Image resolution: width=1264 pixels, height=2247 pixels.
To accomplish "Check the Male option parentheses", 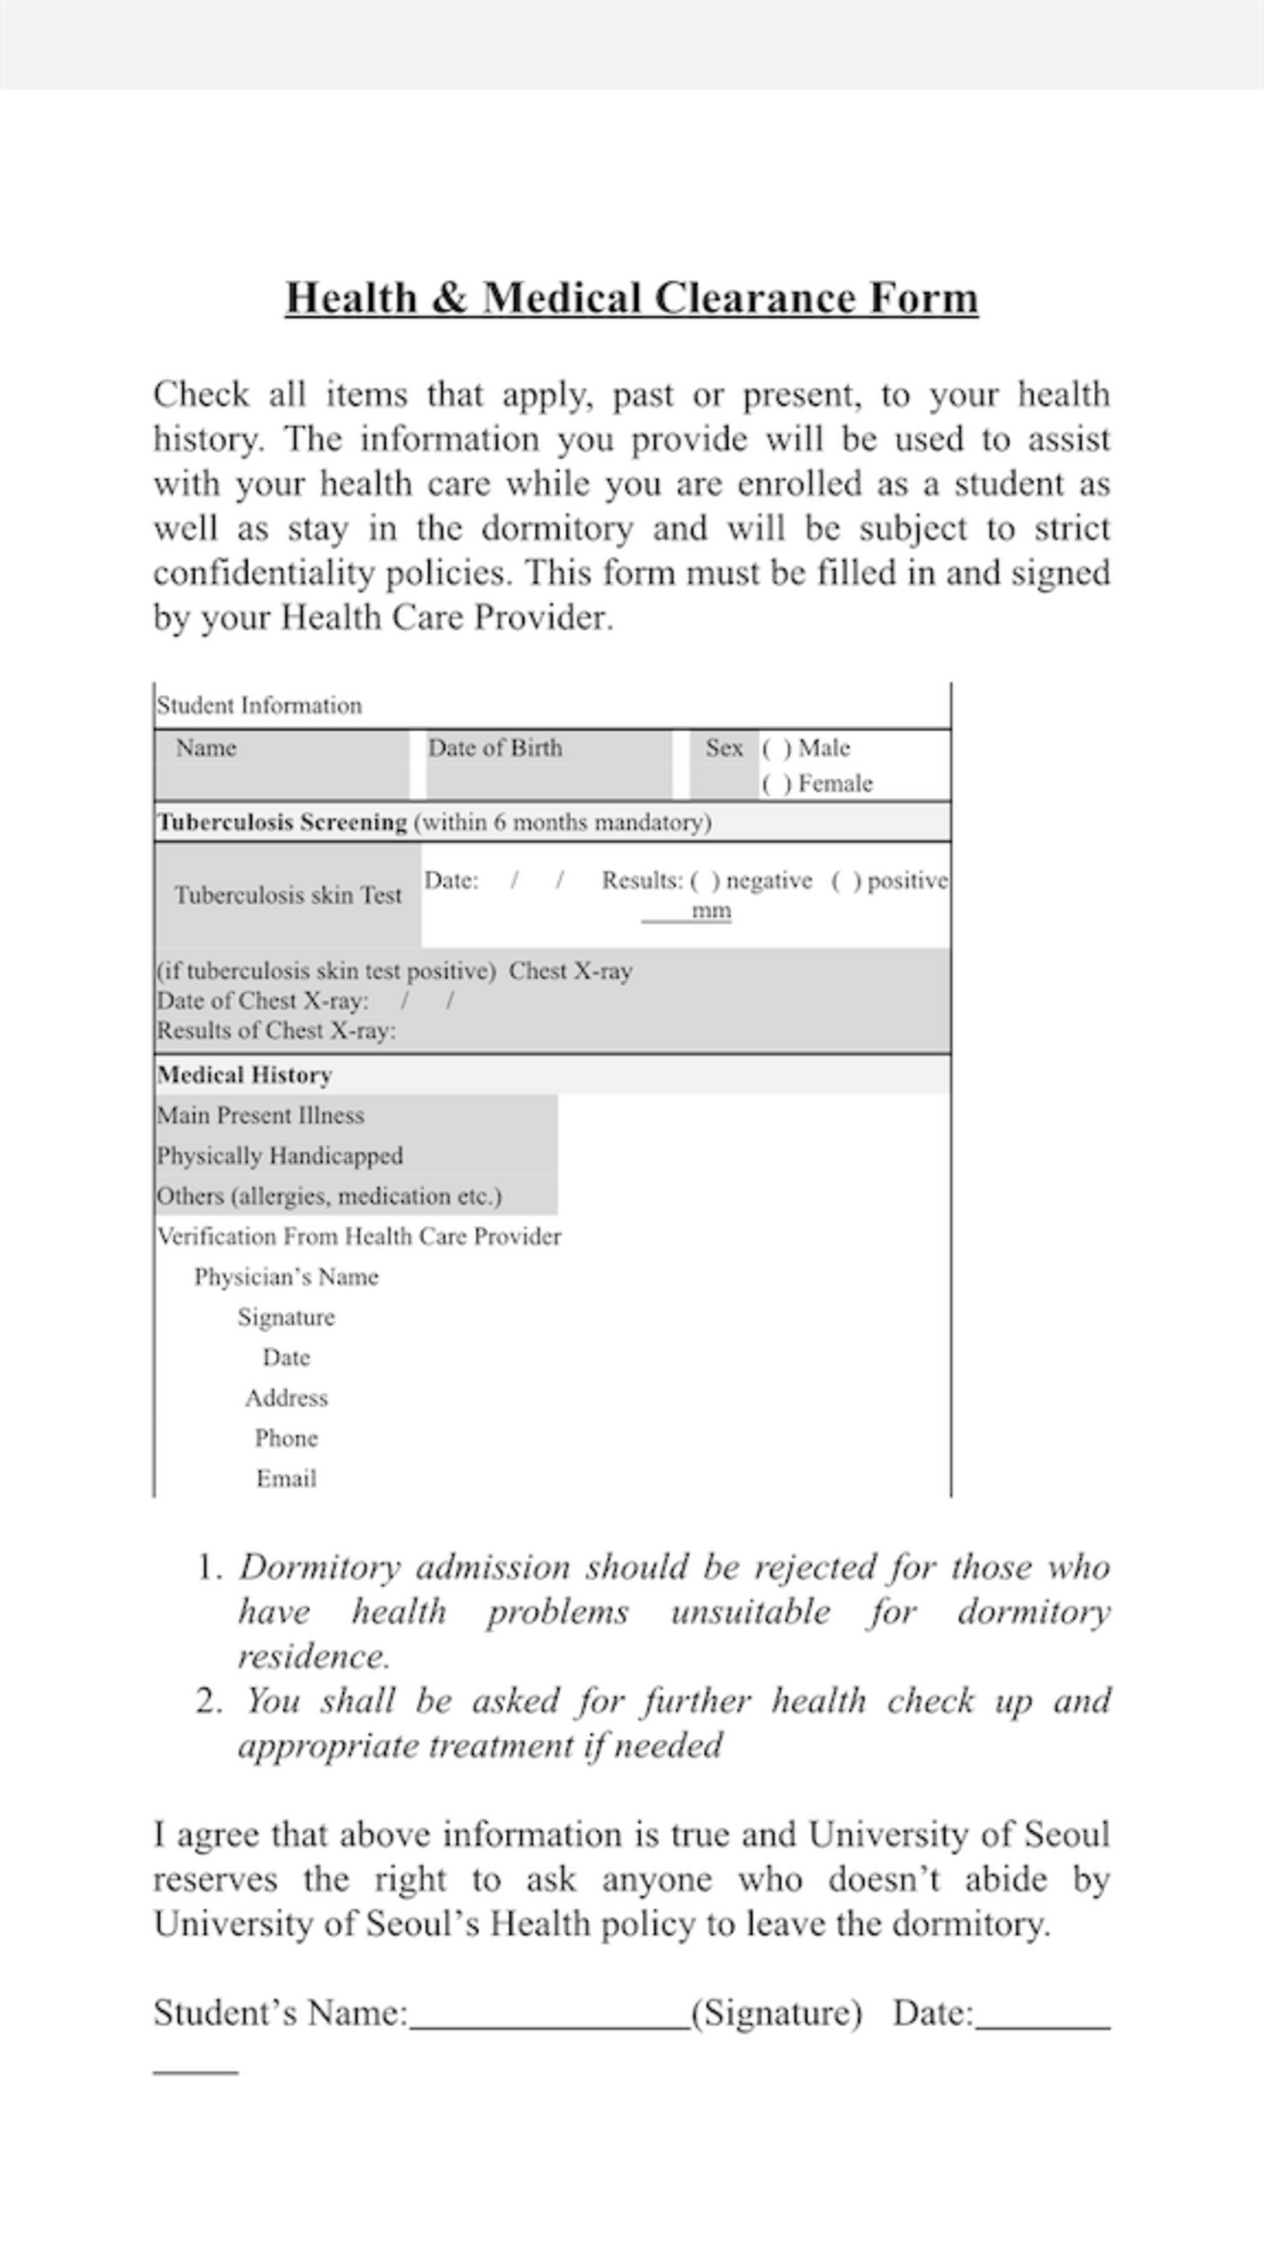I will [776, 749].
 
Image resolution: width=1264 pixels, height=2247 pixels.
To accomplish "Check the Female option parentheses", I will [776, 784].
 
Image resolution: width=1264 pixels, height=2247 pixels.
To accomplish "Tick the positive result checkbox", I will [846, 881].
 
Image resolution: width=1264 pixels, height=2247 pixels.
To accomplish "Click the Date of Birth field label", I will [495, 748].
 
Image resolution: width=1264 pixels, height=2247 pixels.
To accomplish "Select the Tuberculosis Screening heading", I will [282, 823].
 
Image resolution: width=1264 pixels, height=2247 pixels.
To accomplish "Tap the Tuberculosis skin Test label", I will [288, 895].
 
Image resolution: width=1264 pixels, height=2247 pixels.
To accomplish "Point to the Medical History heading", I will [244, 1075].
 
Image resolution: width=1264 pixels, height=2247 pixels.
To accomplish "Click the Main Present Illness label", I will [261, 1115].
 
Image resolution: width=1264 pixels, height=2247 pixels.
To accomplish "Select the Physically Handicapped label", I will [280, 1156].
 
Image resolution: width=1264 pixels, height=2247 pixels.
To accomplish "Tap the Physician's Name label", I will [286, 1277].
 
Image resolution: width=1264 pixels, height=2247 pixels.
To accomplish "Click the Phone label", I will [286, 1438].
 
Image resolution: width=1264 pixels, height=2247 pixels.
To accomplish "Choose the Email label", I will [286, 1479].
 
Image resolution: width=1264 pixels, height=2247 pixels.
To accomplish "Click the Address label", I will [286, 1398].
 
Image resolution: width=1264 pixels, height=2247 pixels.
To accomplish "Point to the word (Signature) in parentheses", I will [776, 2013].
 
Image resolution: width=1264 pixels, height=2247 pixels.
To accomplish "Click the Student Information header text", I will [259, 706].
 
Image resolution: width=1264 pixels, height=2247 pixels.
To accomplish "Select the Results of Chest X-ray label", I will [276, 1031].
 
